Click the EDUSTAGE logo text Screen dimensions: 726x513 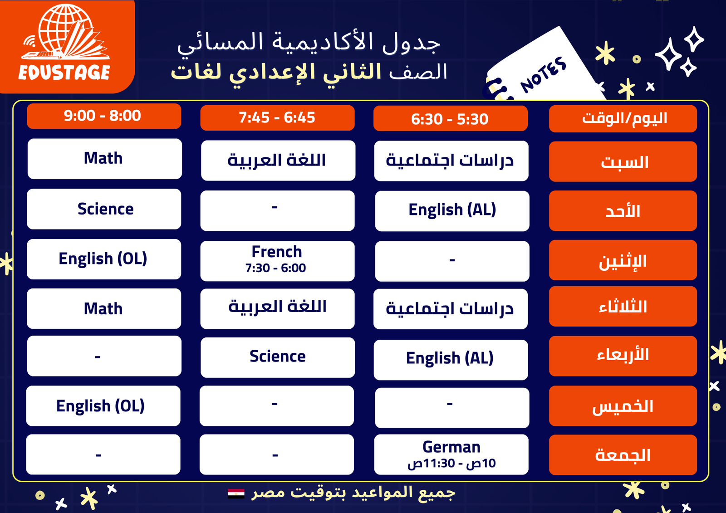pos(64,72)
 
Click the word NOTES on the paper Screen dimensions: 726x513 pos(544,74)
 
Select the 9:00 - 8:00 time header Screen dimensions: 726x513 pos(104,116)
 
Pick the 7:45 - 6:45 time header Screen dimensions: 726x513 pos(277,117)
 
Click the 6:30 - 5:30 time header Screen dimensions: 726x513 pos(451,118)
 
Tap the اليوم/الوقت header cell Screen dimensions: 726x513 pos(623,118)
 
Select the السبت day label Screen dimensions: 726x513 pos(623,161)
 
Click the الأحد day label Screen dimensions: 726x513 pos(623,211)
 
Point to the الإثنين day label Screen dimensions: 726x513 pos(623,260)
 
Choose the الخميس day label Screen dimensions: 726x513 pos(623,406)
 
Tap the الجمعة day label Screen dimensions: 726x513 pos(623,455)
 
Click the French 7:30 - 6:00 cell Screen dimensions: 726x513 pos(277,261)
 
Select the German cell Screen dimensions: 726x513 pos(451,454)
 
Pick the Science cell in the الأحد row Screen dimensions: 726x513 pos(104,209)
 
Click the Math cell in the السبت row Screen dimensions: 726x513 pos(105,159)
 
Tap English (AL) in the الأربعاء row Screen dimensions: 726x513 pos(451,360)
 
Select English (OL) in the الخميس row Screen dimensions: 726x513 pos(103,406)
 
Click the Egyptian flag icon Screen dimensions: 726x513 pos(236,493)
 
